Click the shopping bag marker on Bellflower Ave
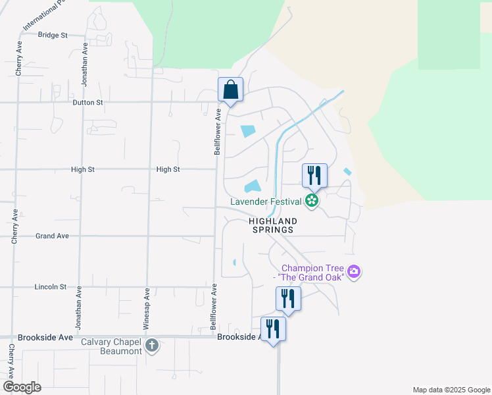230,90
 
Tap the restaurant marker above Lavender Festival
314,175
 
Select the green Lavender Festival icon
312,201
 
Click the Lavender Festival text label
266,201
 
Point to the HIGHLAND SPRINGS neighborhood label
273,226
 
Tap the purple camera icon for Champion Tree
354,271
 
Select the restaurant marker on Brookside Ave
274,329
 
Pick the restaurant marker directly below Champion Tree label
288,298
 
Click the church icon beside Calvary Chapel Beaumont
152,346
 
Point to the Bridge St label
53,35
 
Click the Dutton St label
88,103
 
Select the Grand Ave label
52,236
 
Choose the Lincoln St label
51,287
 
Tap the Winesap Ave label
147,309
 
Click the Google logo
22,387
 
